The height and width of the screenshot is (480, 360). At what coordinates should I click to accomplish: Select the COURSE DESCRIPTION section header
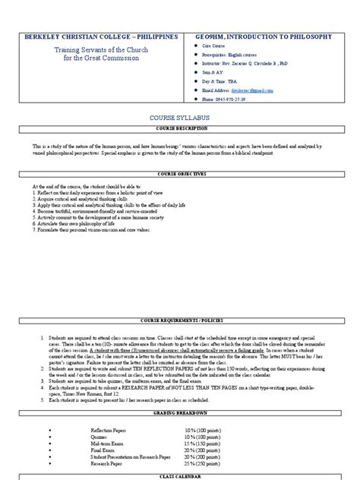click(x=179, y=130)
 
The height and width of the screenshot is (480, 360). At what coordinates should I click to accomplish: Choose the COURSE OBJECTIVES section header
click(x=179, y=174)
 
